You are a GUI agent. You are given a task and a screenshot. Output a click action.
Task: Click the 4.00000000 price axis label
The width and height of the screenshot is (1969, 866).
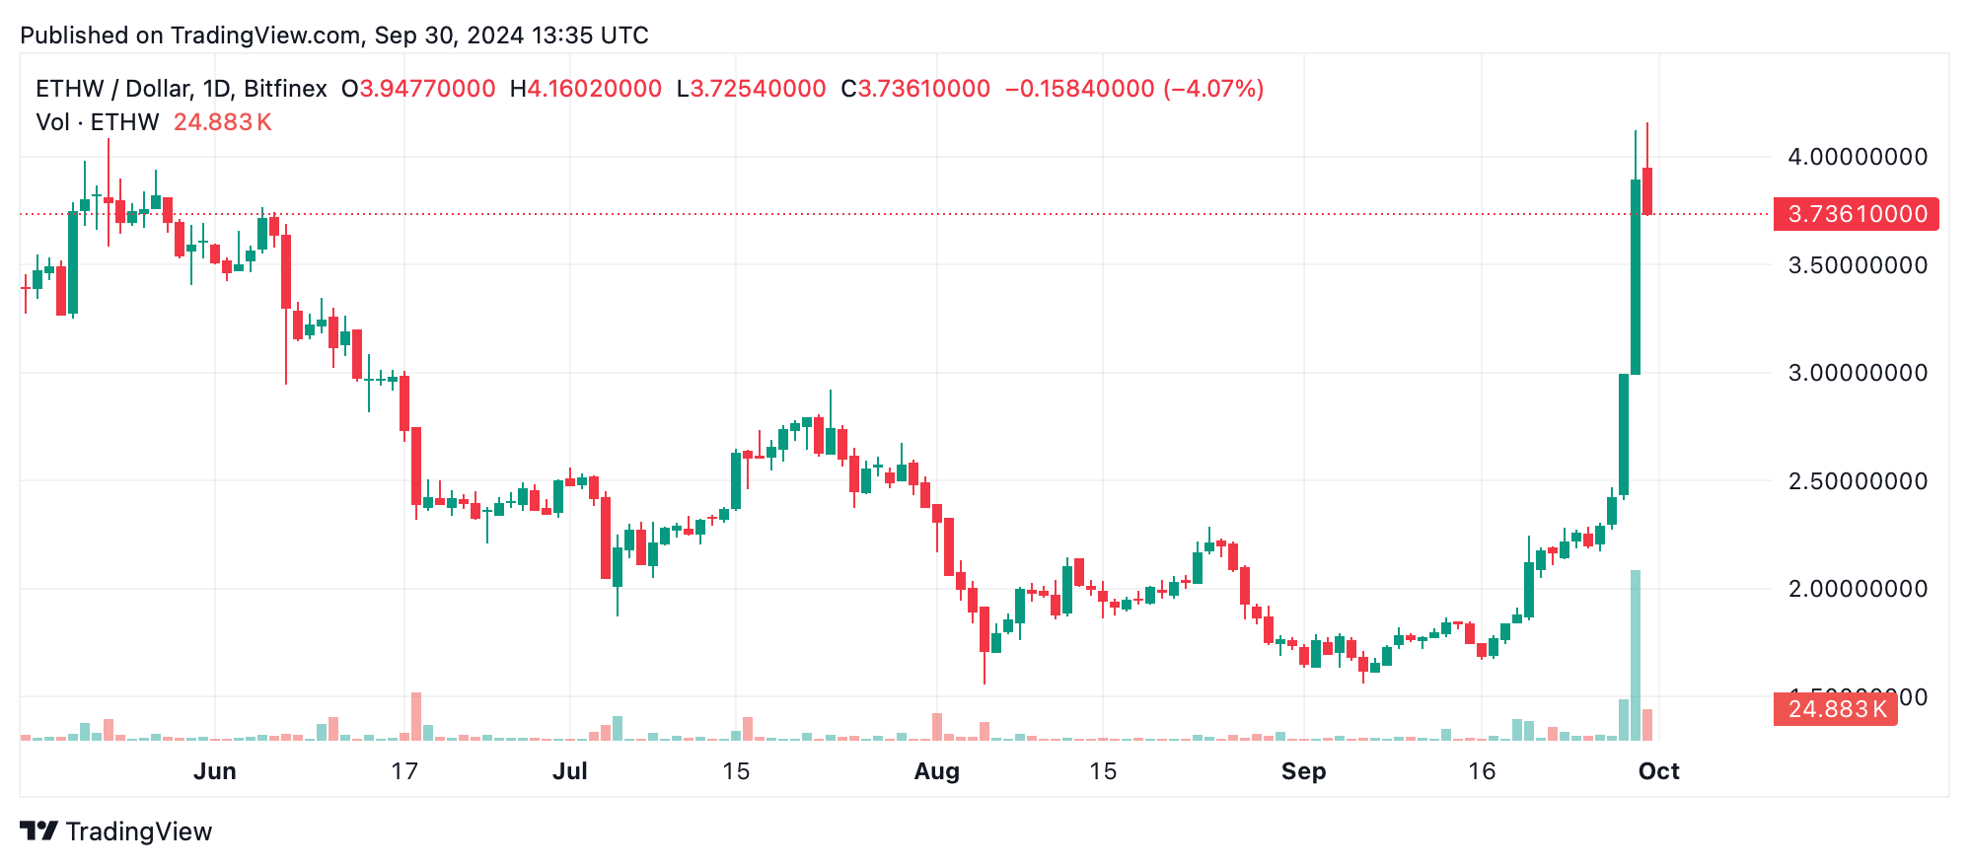(x=1857, y=157)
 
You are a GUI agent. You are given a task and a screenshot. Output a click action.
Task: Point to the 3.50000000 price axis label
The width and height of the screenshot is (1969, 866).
(x=1857, y=265)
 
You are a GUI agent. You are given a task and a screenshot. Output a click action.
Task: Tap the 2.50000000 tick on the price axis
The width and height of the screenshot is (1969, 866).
(x=1857, y=481)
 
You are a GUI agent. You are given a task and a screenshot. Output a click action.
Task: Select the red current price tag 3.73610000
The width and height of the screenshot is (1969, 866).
(x=1856, y=214)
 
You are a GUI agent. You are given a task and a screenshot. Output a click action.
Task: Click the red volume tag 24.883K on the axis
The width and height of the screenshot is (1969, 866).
(x=1835, y=709)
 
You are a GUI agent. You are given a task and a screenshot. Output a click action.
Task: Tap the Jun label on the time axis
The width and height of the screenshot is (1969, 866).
(x=214, y=771)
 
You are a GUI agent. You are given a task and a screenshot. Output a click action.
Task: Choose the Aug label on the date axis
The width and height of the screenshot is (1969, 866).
(x=936, y=771)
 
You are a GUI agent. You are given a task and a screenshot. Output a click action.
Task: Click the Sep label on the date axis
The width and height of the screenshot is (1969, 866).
(x=1303, y=771)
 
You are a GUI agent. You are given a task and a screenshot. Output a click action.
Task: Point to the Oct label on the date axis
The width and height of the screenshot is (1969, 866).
(x=1658, y=771)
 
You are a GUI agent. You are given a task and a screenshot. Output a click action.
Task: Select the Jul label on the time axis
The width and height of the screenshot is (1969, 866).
(x=569, y=771)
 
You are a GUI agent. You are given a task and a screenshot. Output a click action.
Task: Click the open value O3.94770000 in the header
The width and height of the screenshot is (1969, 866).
(x=418, y=89)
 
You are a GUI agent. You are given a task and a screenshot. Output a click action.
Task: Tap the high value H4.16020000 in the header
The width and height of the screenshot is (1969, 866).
(x=586, y=89)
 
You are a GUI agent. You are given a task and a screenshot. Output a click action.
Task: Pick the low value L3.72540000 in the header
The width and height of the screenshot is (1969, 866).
(x=751, y=89)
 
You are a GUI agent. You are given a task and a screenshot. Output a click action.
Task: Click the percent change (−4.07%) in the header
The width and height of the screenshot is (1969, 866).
(x=1213, y=89)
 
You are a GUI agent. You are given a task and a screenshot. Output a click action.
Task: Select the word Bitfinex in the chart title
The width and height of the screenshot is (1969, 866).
(x=285, y=89)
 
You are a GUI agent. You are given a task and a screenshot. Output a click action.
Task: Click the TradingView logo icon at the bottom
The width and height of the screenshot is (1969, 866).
(x=39, y=831)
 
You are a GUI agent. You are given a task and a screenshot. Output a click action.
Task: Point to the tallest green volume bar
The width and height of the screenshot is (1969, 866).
(x=1636, y=655)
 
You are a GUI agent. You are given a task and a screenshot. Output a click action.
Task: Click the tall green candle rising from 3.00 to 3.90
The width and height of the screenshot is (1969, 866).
(x=1636, y=276)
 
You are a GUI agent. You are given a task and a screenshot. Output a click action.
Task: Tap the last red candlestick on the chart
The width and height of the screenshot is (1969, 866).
(x=1647, y=190)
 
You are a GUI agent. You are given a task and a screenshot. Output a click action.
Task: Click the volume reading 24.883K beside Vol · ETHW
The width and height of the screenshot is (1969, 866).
(x=222, y=122)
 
